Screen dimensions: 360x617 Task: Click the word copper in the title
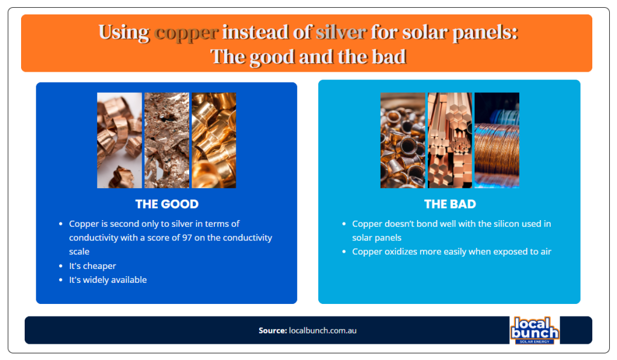pyautogui.click(x=186, y=32)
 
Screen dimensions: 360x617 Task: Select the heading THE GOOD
pyautogui.click(x=166, y=204)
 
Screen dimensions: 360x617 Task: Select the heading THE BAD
pyautogui.click(x=449, y=204)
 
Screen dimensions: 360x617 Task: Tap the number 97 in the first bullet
pyautogui.click(x=186, y=238)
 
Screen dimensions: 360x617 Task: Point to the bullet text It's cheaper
pyautogui.click(x=92, y=266)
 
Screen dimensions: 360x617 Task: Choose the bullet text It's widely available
pyautogui.click(x=108, y=280)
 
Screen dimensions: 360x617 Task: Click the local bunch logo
pyautogui.click(x=534, y=330)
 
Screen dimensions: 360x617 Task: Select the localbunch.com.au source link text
pyautogui.click(x=322, y=330)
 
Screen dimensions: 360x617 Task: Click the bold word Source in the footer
pyautogui.click(x=272, y=330)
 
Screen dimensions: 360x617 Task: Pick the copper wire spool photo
pyautogui.click(x=496, y=140)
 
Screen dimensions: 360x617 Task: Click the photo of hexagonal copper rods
pyautogui.click(x=449, y=140)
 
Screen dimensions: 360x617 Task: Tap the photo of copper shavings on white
pyautogui.click(x=119, y=140)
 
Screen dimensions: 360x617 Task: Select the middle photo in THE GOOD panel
pyautogui.click(x=166, y=140)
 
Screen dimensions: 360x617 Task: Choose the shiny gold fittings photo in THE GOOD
pyautogui.click(x=213, y=140)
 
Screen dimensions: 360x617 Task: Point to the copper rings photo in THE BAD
pyautogui.click(x=402, y=140)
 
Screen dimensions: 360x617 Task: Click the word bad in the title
pyautogui.click(x=390, y=57)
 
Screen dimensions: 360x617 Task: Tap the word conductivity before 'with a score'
pyautogui.click(x=96, y=238)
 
